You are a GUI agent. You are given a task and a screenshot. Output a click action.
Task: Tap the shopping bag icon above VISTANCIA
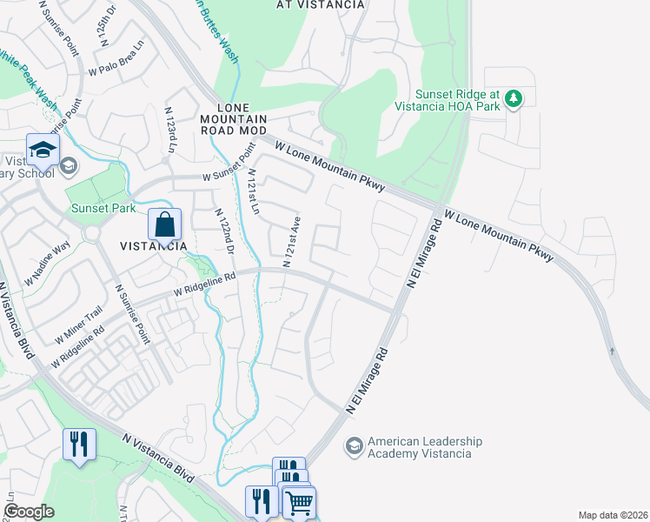click(x=164, y=225)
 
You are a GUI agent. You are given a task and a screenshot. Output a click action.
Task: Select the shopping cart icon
click(x=298, y=502)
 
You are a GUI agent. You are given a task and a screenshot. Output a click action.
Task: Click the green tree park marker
click(x=514, y=98)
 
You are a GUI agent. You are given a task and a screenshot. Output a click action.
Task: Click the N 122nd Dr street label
click(x=223, y=232)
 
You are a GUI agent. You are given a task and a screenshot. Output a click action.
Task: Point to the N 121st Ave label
click(x=291, y=241)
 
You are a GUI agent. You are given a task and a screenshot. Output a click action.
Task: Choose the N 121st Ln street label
click(x=253, y=192)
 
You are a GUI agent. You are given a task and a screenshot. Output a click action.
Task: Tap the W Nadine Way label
click(x=50, y=261)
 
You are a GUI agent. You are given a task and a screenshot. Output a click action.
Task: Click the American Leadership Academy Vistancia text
click(x=420, y=447)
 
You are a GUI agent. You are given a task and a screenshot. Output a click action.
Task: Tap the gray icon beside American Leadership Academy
click(x=353, y=447)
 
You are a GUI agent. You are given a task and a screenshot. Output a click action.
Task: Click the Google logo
click(x=29, y=512)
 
